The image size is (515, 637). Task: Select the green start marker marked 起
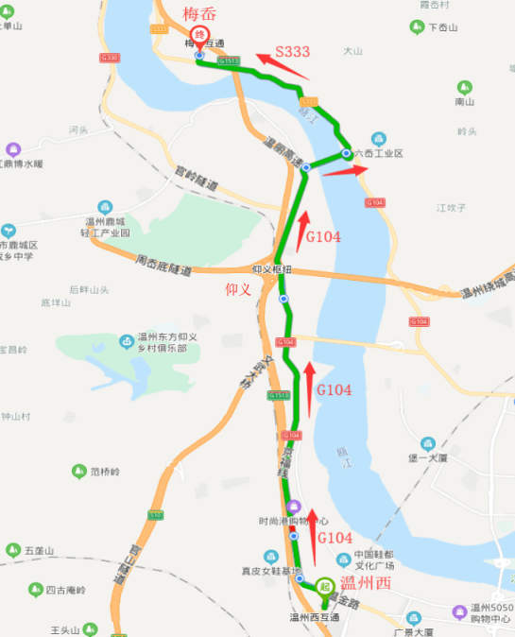[x=324, y=586]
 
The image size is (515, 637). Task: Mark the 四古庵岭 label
[x=66, y=590]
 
